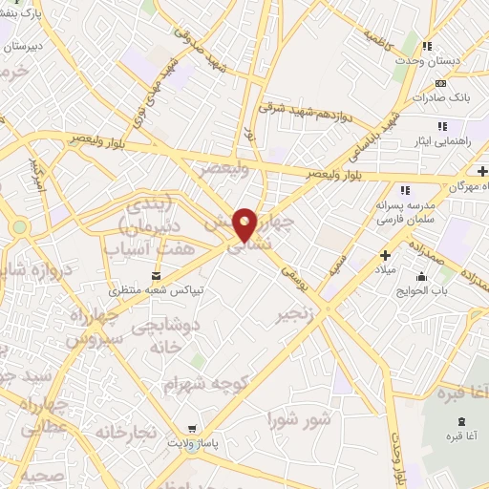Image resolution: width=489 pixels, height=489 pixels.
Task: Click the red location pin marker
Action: pos(245,223)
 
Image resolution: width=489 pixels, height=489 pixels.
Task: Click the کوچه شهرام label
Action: pos(204,383)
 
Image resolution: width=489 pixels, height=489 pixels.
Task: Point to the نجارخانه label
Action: pos(124,432)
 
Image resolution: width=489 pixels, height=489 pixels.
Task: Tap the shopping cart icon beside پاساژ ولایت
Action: pos(193,429)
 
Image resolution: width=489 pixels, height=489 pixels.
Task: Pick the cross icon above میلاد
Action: pos(385,255)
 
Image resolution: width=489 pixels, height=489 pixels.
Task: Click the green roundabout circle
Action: pos(20,227)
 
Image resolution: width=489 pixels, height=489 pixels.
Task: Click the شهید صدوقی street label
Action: pos(200,34)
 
